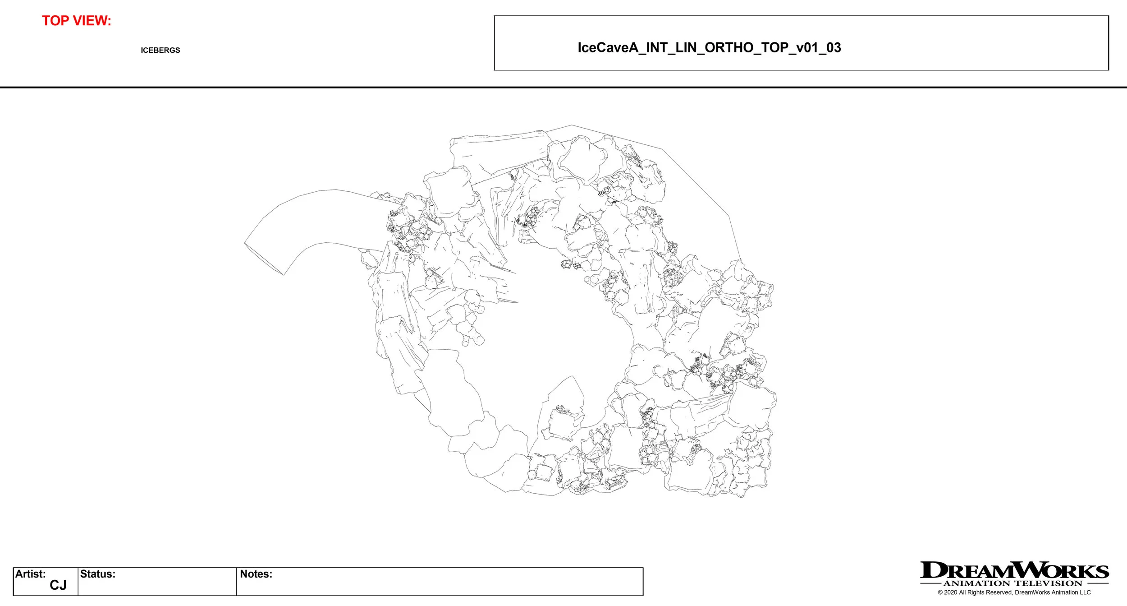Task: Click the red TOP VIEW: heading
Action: [76, 21]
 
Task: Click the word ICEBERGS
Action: [160, 50]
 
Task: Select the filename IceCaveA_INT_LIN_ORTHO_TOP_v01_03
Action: [709, 47]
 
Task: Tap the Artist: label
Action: [30, 574]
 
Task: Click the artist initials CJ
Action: [58, 585]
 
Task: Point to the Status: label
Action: [97, 574]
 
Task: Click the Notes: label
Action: [256, 574]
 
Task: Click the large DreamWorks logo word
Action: [1014, 570]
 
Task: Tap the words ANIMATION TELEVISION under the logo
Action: [1013, 583]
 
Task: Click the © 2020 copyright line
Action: [1014, 592]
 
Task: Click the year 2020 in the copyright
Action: [950, 592]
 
